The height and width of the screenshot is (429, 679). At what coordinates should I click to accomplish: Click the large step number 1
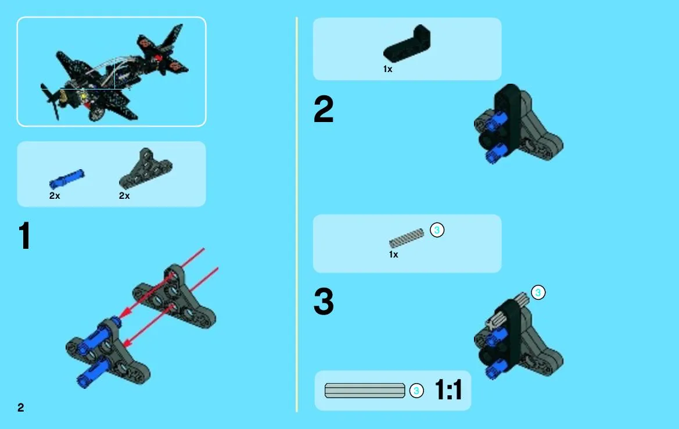coord(24,235)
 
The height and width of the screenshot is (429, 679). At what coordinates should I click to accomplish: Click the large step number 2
coord(324,109)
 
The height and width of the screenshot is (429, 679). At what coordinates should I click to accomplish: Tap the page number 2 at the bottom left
coord(21,407)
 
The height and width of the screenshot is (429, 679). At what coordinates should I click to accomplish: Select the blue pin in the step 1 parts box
coord(67,178)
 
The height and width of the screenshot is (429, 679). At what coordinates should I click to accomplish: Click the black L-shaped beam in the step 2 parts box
coord(407,44)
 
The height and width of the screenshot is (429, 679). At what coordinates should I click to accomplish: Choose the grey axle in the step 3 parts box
coord(407,238)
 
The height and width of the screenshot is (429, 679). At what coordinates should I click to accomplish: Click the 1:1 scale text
coord(448,389)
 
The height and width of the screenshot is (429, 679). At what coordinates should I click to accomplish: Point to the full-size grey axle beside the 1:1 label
coord(365,391)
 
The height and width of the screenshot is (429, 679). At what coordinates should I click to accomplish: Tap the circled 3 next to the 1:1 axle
coord(416,391)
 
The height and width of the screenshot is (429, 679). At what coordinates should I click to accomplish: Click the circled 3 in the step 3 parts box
coord(437,230)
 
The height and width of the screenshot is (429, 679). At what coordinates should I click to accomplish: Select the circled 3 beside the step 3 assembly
coord(538,292)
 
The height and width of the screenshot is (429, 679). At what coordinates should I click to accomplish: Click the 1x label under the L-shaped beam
coord(387,69)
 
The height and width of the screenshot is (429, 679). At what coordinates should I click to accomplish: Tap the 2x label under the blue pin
coord(55,196)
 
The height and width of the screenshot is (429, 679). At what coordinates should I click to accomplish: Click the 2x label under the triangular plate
coord(124,196)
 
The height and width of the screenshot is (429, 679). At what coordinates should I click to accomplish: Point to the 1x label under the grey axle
coord(393,255)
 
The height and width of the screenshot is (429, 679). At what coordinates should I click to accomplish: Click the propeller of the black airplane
coord(51,101)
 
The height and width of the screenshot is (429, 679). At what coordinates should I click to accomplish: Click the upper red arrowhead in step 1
coord(125,312)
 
